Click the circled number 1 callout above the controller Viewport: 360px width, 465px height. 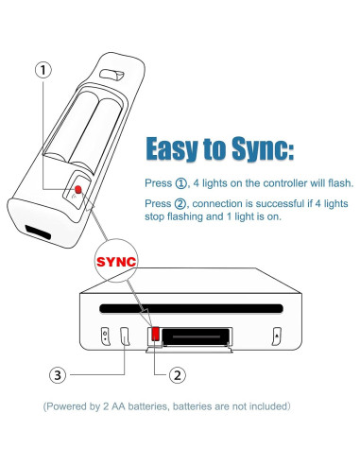point(43,69)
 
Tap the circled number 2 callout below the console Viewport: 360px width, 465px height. point(175,375)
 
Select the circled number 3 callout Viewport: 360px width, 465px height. point(59,375)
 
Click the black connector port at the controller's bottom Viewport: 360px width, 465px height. point(38,233)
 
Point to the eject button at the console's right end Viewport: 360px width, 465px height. point(276,336)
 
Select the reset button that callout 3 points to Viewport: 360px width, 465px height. point(126,336)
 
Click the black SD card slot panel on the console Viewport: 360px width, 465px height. point(197,336)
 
